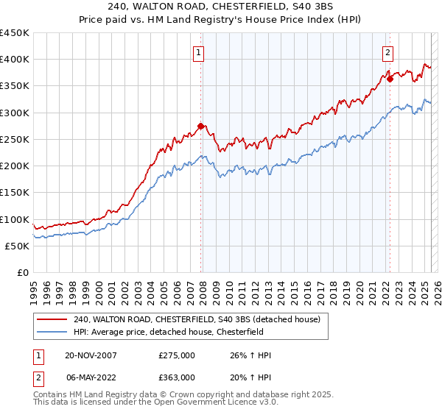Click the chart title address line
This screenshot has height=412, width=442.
[x=221, y=7]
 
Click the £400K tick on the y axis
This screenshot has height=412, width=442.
[x=15, y=60]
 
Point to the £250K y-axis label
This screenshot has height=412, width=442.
[x=15, y=139]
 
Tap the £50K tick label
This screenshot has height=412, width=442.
[x=18, y=246]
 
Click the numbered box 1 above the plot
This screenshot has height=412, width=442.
[x=200, y=51]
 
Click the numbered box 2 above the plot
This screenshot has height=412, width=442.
[x=387, y=51]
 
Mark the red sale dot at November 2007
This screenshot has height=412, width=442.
[x=201, y=126]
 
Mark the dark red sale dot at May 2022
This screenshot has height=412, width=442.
[x=390, y=79]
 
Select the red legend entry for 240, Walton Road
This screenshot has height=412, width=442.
[x=196, y=319]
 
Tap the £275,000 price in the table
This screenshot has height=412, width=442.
[x=177, y=355]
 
